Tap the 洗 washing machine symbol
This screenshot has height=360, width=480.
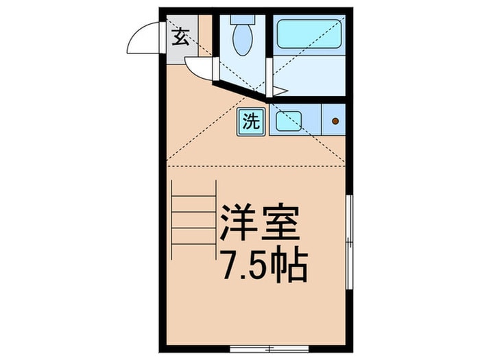(x=251, y=122)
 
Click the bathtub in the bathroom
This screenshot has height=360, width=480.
(x=309, y=34)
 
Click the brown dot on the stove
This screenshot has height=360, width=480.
(x=335, y=121)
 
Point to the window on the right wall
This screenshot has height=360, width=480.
(x=349, y=240)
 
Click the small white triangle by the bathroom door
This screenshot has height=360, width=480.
(x=279, y=91)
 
